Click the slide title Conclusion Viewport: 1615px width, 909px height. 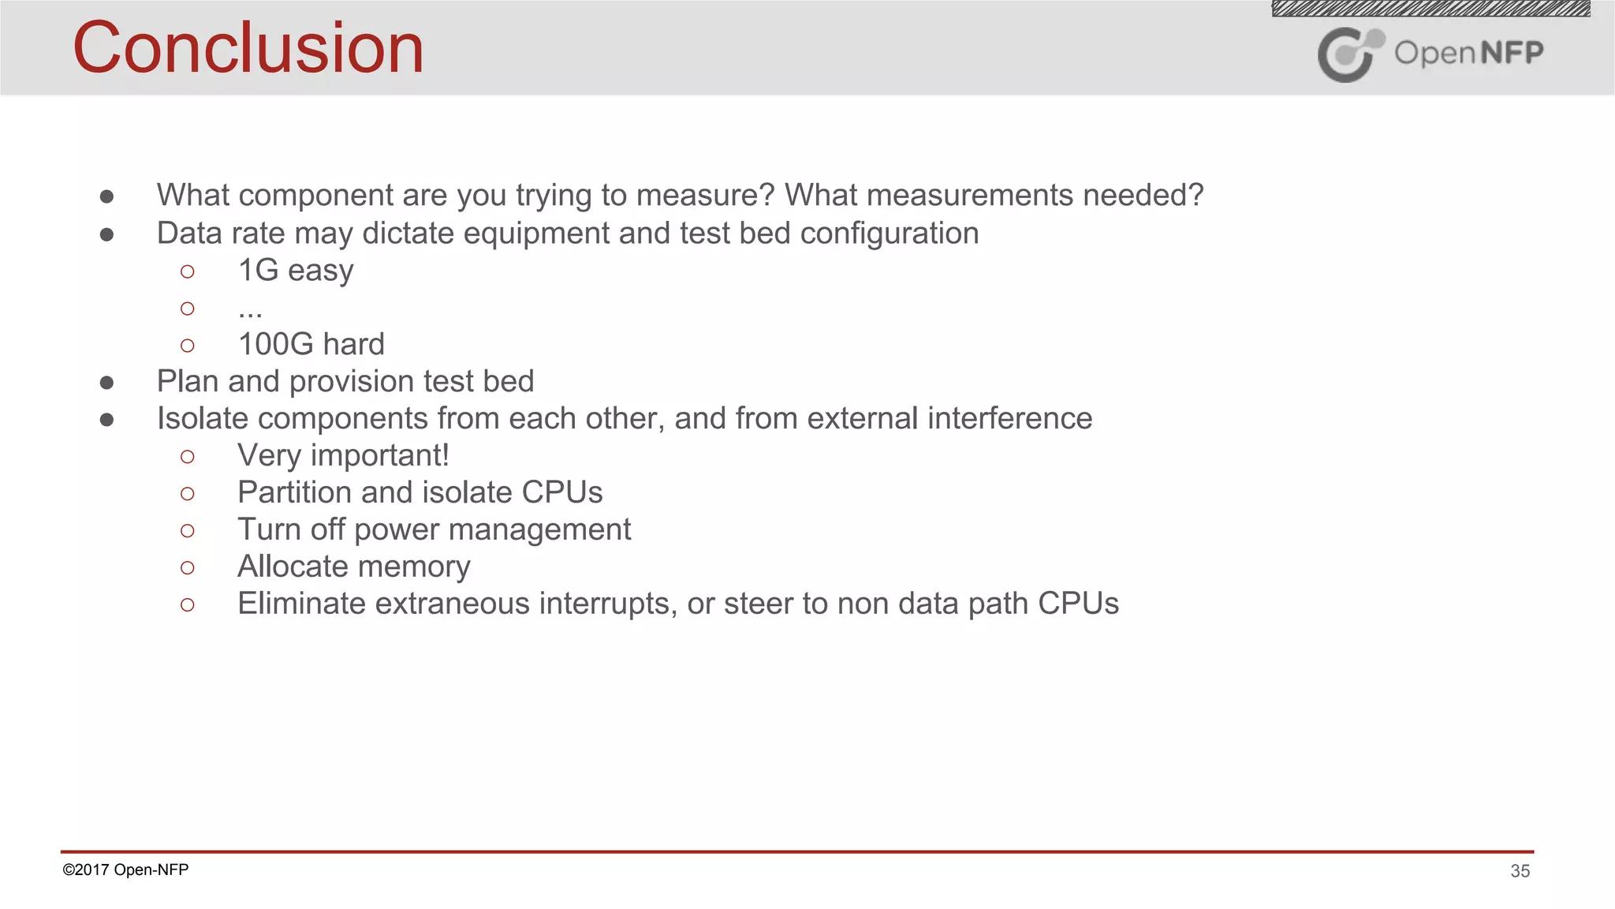point(248,49)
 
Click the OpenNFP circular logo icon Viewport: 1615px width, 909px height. point(1349,54)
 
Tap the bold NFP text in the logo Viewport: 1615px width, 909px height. point(1512,53)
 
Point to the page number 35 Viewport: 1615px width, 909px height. point(1520,871)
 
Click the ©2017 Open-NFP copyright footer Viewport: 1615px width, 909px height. point(125,870)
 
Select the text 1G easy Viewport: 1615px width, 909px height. point(296,271)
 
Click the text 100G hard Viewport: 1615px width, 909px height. point(311,345)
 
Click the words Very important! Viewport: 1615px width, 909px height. point(343,456)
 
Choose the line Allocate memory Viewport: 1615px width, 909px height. point(353,567)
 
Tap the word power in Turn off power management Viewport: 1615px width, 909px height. point(388,530)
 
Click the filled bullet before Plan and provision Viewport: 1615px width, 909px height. point(107,383)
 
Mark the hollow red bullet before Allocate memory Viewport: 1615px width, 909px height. point(187,568)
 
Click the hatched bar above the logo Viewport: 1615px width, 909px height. point(1430,9)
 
